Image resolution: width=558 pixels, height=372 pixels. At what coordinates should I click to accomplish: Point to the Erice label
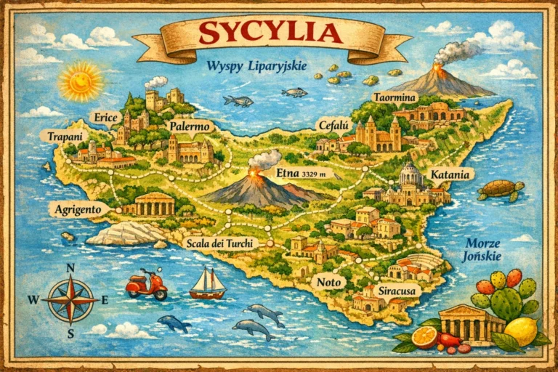pyautogui.click(x=106, y=118)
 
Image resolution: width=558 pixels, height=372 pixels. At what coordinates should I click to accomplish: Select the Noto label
pyautogui.click(x=325, y=281)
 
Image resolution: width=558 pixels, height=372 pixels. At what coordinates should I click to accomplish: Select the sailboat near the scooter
pyautogui.click(x=207, y=283)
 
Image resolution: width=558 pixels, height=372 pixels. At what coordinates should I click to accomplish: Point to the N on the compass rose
pyautogui.click(x=70, y=267)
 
